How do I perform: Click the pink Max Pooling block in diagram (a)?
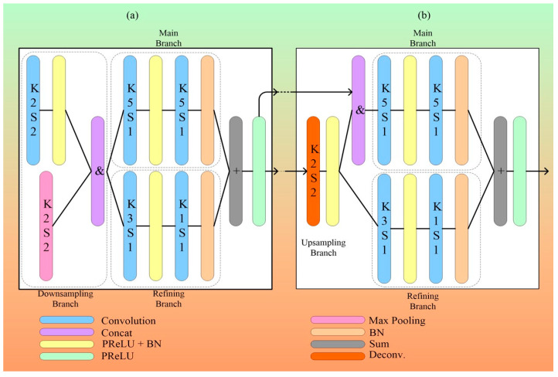coord(46,226)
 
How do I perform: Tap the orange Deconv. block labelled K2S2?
coord(313,171)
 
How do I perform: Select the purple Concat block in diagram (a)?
coord(98,171)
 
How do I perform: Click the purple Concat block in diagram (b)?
coord(359,110)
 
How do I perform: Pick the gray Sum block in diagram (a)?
coord(236,171)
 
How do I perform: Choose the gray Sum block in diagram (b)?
coord(500,171)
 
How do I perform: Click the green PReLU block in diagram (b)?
coord(519,171)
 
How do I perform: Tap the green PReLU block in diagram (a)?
coord(259,171)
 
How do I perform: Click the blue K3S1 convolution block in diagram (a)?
coord(130,226)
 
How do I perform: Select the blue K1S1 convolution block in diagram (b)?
coord(436,229)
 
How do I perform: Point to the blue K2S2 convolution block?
coord(33,110)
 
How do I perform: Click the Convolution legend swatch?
coord(67,320)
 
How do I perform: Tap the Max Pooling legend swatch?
coord(338,320)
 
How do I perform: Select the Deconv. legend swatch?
coord(338,356)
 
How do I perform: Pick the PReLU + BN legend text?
coord(131,344)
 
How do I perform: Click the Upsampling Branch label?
coord(324,247)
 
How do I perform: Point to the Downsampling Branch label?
coord(66,299)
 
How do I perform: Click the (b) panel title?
coord(424,15)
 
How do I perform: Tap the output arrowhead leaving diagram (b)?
coord(546,172)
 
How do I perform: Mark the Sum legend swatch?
coord(338,345)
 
